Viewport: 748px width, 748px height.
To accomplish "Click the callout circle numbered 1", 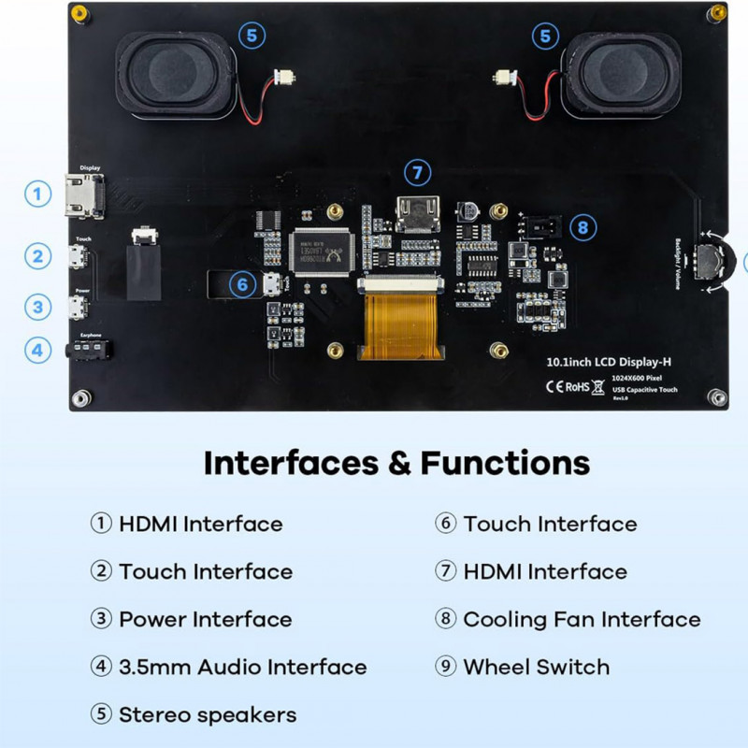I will [37, 194].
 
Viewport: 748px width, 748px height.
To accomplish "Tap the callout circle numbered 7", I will [418, 173].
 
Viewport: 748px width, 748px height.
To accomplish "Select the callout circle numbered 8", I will [583, 226].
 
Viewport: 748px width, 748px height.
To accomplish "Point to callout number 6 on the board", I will [242, 284].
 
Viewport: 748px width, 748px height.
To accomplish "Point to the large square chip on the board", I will [320, 252].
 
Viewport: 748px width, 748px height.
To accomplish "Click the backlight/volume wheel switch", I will [714, 260].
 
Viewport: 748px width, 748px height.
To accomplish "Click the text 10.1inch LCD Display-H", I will [611, 360].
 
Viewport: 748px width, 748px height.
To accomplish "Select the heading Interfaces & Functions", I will [396, 463].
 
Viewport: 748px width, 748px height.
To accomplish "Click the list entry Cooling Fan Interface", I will [581, 619].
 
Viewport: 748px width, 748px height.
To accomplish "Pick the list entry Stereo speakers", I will [207, 715].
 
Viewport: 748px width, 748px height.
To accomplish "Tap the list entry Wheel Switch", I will [536, 667].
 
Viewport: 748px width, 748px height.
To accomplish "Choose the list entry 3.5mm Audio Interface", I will [242, 667].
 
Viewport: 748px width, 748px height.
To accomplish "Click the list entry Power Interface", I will [205, 619].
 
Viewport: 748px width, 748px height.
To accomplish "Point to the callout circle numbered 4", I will [37, 351].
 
